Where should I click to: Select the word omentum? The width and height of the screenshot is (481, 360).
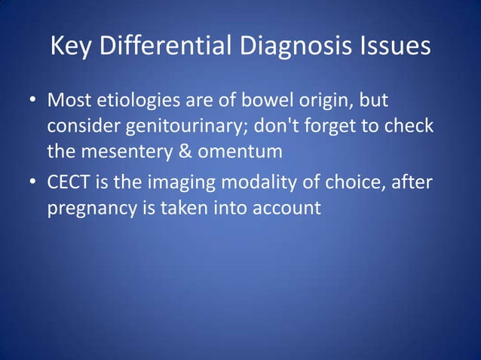coord(240,151)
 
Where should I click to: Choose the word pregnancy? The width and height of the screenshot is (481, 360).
coord(91,207)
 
